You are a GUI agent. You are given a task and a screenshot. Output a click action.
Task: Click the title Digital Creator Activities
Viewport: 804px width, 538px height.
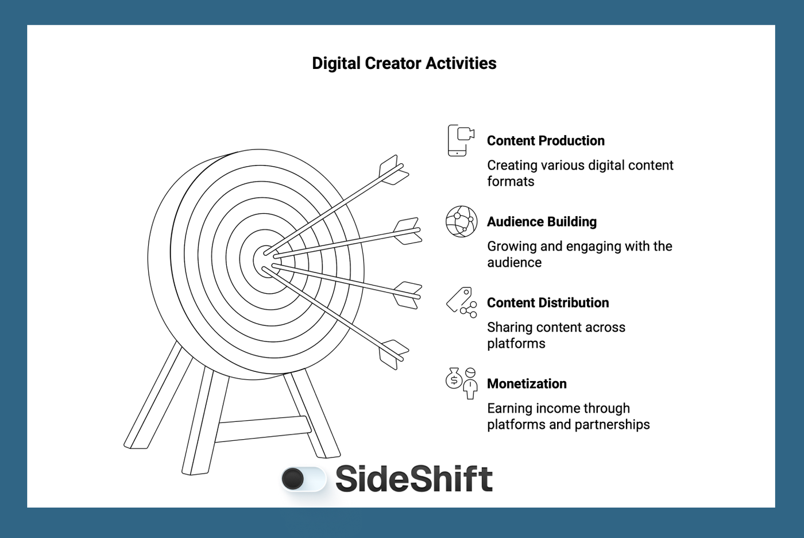[x=404, y=63]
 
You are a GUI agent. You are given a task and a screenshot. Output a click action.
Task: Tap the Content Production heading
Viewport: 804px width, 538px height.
[x=546, y=141]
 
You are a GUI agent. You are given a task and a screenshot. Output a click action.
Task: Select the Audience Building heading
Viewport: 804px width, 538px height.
[x=542, y=222]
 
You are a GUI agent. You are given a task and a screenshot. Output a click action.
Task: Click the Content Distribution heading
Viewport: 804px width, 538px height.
[x=547, y=303]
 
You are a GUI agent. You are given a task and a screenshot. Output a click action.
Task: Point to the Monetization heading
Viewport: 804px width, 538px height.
[x=527, y=384]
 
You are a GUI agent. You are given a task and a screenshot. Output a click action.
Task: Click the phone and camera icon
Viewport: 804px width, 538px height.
[x=461, y=140]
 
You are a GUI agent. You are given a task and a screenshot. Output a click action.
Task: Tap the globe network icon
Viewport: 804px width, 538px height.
[x=462, y=222]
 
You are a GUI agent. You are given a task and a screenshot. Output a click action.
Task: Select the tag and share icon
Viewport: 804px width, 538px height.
[x=462, y=302]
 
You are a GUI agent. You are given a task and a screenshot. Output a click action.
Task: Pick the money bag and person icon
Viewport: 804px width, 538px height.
[x=462, y=383]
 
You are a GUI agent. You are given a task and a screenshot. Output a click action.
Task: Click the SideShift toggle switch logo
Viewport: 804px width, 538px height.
[x=303, y=479]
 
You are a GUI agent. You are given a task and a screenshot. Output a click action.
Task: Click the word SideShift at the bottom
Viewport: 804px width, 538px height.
[x=413, y=479]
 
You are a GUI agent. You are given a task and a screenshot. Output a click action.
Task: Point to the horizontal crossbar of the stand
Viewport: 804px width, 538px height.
[x=263, y=428]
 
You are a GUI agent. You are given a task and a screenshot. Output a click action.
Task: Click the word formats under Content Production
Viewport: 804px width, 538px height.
[x=511, y=182]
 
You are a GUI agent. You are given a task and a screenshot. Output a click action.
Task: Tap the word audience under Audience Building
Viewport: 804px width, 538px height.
[x=514, y=263]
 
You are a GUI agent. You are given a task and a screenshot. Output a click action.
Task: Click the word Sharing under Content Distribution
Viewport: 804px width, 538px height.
[x=509, y=328]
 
